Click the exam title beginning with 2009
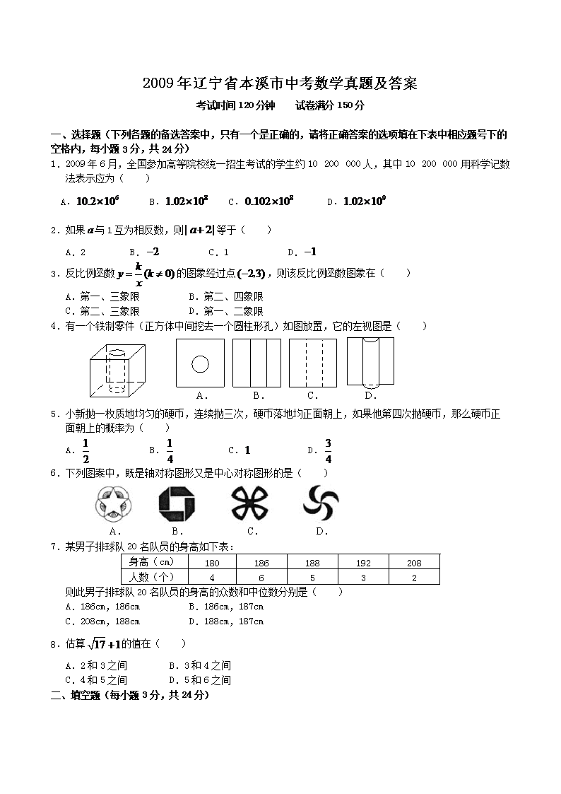280,84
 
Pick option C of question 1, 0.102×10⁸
268,202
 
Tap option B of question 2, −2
152,252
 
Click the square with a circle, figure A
200,363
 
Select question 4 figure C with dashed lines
312,363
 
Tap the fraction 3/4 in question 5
329,450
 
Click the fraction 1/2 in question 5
85,450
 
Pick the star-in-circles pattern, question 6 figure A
113,503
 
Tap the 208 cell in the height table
414,563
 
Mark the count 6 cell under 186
261,578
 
